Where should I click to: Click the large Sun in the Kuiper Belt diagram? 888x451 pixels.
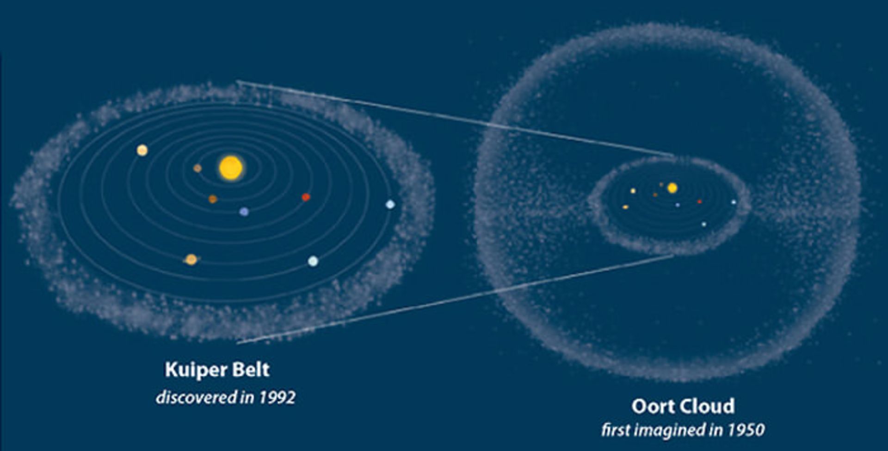231,168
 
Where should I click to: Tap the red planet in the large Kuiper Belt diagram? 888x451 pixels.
306,197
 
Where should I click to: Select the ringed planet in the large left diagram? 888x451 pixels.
191,259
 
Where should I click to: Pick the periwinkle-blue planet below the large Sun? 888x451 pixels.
244,212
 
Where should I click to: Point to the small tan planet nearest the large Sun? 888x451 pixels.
197,168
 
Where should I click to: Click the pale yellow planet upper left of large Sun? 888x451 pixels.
142,150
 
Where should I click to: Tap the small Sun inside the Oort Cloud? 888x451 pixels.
672,188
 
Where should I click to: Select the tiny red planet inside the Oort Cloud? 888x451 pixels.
699,202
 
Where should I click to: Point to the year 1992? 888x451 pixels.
277,398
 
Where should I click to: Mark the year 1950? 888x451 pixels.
746,430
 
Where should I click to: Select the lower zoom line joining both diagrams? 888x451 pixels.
456,299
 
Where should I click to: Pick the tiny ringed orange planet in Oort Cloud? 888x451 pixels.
626,207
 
